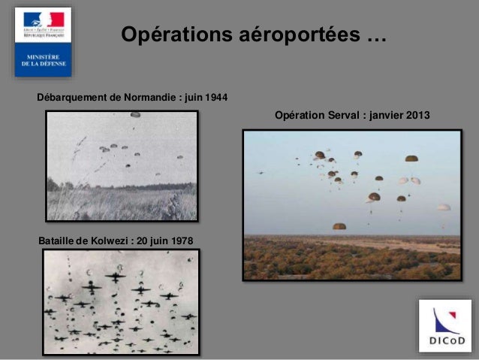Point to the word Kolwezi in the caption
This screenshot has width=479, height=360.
pos(107,241)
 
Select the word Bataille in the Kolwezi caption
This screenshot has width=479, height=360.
pos(56,241)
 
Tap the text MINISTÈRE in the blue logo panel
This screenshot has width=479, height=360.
pos(44,57)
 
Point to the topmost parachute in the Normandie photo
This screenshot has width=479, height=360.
pos(135,115)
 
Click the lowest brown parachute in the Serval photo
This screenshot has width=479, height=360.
pos(339,225)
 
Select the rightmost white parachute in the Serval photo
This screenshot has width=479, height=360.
pos(444,207)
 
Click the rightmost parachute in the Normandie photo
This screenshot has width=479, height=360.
pos(179,157)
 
